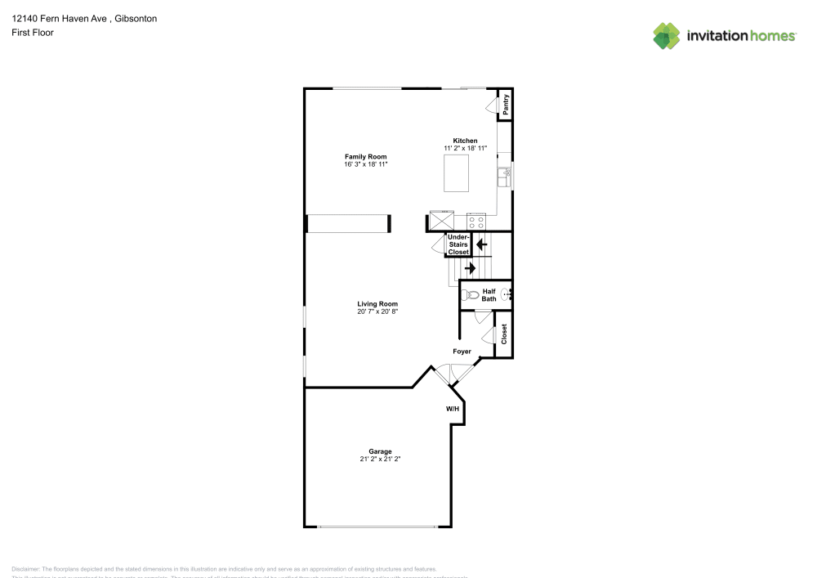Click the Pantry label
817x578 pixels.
pyautogui.click(x=506, y=104)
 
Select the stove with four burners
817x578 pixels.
pyautogui.click(x=475, y=221)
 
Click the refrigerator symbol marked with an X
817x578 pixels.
pyautogui.click(x=442, y=221)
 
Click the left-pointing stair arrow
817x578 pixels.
pyautogui.click(x=482, y=244)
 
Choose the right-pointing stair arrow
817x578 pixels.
pyautogui.click(x=470, y=267)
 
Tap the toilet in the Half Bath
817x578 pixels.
pyautogui.click(x=469, y=295)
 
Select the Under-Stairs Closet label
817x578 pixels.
pyautogui.click(x=458, y=244)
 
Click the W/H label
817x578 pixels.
pyautogui.click(x=453, y=408)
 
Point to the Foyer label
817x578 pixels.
pyautogui.click(x=462, y=352)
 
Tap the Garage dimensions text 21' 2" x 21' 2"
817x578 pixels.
pyautogui.click(x=380, y=459)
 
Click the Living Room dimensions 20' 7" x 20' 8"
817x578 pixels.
pyautogui.click(x=377, y=311)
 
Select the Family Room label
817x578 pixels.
pyautogui.click(x=365, y=156)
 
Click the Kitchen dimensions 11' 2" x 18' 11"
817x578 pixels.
pyautogui.click(x=465, y=148)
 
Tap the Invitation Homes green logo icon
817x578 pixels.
pyautogui.click(x=667, y=35)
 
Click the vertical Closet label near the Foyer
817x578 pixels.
pyautogui.click(x=504, y=334)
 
